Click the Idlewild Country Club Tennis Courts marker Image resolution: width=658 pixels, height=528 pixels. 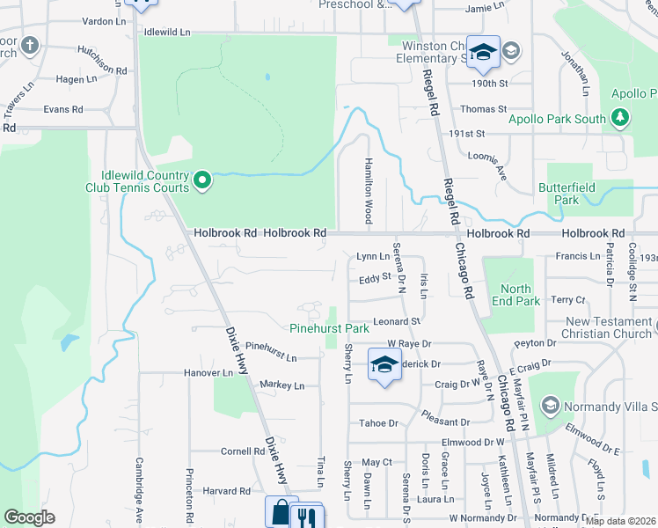click(x=202, y=181)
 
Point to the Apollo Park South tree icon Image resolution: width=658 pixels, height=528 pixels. click(x=620, y=118)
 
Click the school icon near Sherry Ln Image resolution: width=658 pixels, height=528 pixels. click(x=384, y=365)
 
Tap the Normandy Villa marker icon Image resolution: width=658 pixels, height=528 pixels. click(x=551, y=406)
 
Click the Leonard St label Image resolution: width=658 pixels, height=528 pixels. click(x=398, y=322)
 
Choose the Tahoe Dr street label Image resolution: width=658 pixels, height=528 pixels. click(x=378, y=423)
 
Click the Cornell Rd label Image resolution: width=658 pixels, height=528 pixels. click(x=243, y=451)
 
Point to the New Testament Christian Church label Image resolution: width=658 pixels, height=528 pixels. click(x=608, y=327)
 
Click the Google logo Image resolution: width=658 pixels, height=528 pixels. click(x=30, y=517)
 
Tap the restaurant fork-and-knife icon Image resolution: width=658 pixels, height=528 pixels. click(x=307, y=514)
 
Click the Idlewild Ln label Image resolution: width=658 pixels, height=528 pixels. click(x=166, y=32)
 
